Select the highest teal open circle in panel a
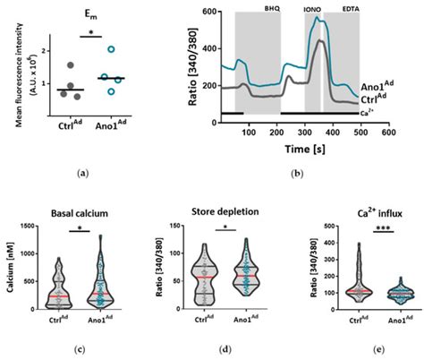(x=111, y=50)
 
